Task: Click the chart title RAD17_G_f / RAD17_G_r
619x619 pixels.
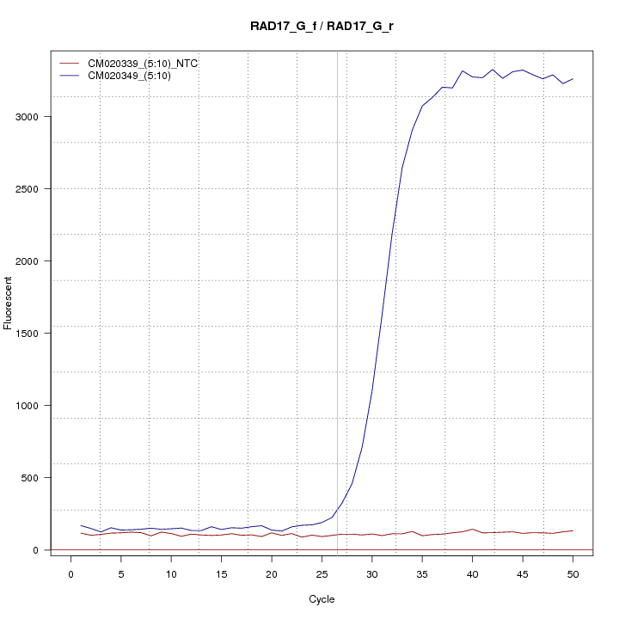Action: click(322, 27)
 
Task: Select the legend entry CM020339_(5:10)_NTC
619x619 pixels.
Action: click(137, 64)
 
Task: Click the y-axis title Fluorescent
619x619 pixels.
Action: click(9, 303)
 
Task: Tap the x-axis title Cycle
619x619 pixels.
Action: click(322, 599)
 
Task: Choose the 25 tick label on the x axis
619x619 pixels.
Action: click(322, 574)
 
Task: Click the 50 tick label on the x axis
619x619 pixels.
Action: click(573, 574)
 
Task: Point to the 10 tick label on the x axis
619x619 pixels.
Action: click(171, 574)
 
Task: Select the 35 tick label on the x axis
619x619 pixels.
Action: click(422, 574)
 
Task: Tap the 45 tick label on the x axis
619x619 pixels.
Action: click(523, 574)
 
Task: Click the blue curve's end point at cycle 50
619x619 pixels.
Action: click(573, 78)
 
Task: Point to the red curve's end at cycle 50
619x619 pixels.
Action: click(573, 530)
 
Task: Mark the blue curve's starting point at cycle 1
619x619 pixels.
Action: click(81, 525)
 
